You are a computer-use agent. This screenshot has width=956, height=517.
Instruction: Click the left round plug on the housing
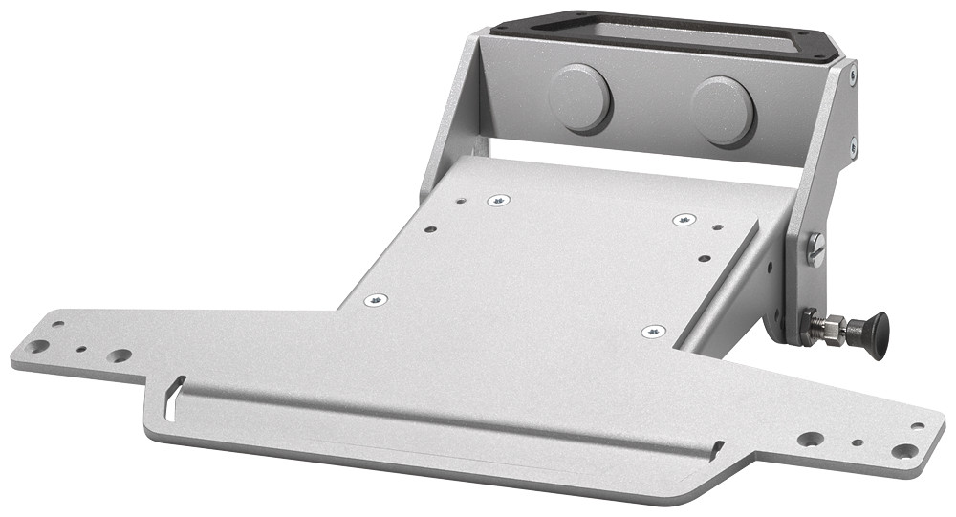(579, 97)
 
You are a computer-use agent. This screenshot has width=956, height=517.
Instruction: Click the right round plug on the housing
(724, 110)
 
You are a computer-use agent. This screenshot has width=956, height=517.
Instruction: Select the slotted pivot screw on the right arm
(815, 249)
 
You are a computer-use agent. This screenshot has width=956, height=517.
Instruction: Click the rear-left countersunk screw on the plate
(498, 201)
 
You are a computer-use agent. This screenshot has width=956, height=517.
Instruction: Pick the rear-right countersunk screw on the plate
(684, 220)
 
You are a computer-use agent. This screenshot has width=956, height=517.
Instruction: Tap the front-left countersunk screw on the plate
(376, 300)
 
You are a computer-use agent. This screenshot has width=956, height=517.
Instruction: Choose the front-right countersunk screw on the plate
(653, 332)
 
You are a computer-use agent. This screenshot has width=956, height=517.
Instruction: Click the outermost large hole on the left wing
(37, 346)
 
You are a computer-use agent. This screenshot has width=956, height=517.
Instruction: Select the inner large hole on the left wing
(119, 355)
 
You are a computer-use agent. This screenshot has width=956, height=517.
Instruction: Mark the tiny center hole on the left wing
(81, 351)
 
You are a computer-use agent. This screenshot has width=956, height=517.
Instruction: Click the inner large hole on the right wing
(811, 439)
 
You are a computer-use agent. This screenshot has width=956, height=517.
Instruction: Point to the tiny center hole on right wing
(858, 443)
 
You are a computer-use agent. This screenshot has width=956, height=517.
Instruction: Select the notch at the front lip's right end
(717, 447)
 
